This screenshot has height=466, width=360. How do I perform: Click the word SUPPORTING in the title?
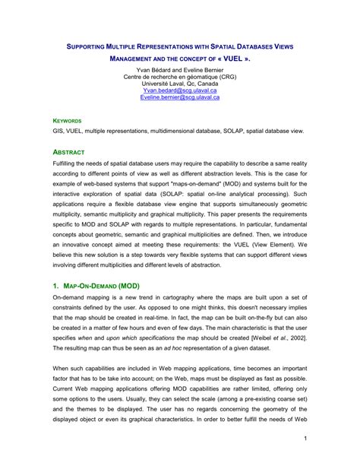(85, 47)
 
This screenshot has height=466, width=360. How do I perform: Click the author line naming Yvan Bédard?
(179, 69)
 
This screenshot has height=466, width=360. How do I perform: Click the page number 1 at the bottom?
(304, 439)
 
